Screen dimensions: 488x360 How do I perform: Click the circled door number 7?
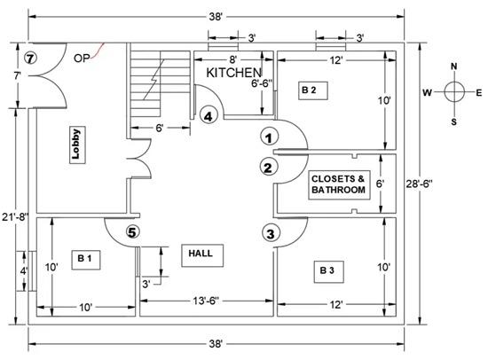[30, 59]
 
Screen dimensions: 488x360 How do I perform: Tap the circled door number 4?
[208, 116]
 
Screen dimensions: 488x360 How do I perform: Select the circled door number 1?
[269, 137]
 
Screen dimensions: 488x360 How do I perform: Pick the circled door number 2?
[268, 168]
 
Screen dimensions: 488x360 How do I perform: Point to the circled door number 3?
[271, 233]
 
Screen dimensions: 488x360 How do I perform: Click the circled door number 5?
[132, 232]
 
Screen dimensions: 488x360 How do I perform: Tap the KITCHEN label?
[233, 73]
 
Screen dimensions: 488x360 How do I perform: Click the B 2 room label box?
[313, 90]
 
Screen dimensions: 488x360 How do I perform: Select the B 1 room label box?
[86, 260]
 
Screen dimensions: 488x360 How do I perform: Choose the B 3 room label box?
[328, 271]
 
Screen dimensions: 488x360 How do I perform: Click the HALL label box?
[202, 255]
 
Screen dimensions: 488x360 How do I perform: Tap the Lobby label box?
[77, 145]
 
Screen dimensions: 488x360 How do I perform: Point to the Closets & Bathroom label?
[339, 184]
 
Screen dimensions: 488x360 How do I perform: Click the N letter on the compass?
[453, 67]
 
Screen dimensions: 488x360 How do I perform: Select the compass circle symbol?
[454, 92]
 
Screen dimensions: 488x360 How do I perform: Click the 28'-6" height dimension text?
[419, 184]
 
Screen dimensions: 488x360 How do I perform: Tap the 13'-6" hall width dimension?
[206, 301]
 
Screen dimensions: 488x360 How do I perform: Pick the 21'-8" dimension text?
[15, 216]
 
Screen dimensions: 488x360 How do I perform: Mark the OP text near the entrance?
[82, 59]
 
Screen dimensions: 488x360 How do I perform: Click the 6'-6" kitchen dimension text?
[262, 83]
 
